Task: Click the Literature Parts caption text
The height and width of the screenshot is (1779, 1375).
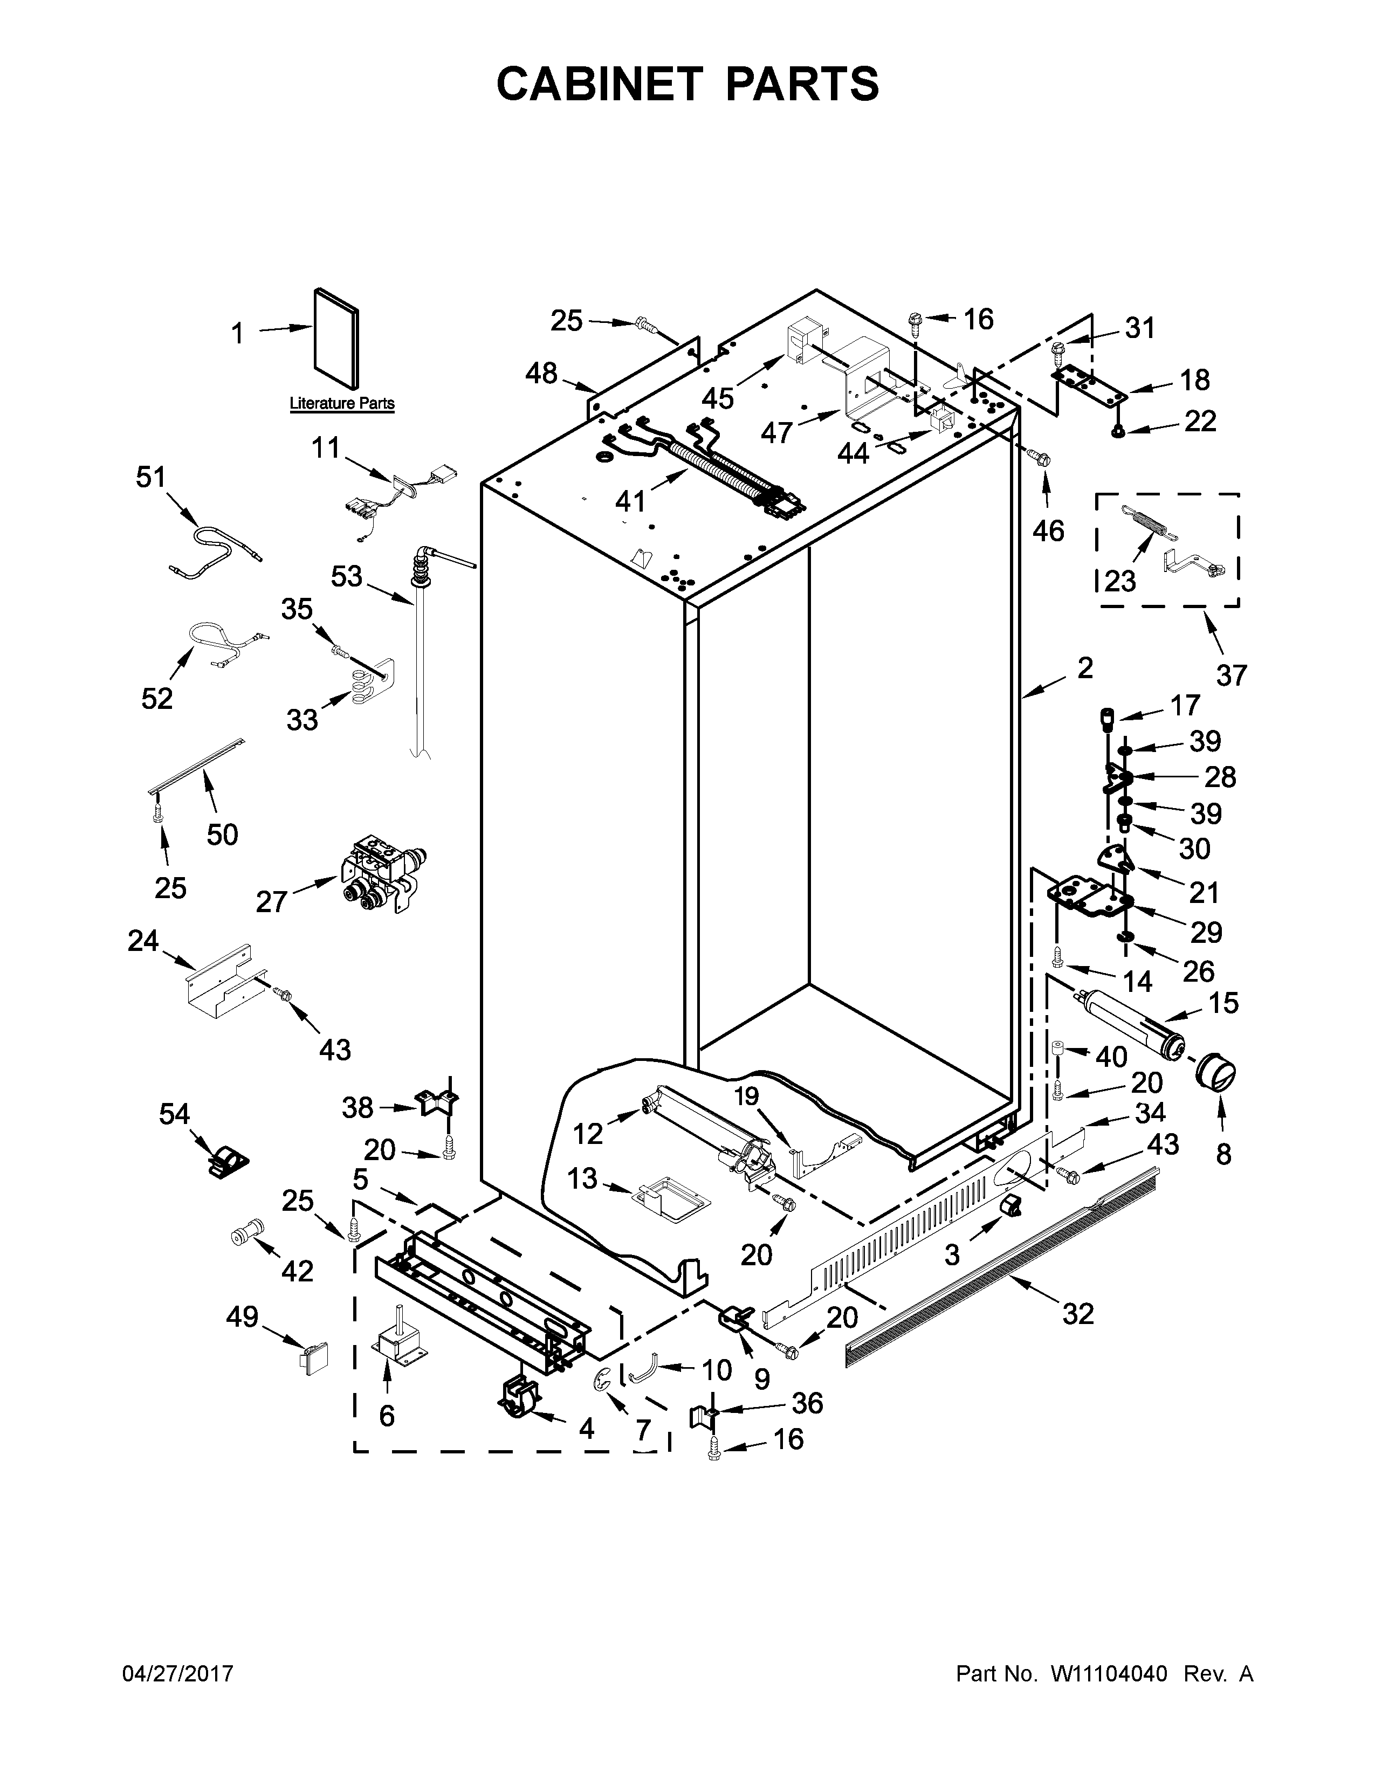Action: tap(342, 403)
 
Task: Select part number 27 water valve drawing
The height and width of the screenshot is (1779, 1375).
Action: tap(378, 875)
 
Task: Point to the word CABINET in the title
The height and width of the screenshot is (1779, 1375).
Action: tap(599, 84)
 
